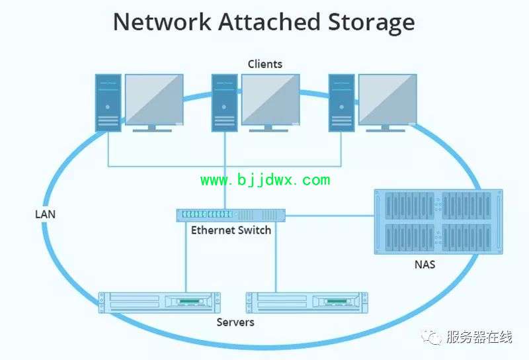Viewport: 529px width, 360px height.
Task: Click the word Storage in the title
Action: (372, 22)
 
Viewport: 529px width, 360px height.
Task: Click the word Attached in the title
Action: (269, 22)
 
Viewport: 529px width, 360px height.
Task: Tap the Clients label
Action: (265, 64)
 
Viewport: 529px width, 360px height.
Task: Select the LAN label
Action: (45, 214)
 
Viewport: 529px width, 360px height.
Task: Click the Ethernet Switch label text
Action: (231, 230)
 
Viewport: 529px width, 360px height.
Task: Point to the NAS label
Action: (425, 265)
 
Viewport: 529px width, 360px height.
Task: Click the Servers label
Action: (235, 322)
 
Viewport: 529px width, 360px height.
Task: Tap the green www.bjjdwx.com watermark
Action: (266, 180)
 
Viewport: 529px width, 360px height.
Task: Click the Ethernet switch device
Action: (231, 216)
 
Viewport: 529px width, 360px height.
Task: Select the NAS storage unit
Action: (438, 222)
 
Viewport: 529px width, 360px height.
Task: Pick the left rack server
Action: (159, 302)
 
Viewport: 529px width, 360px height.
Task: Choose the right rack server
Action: (307, 302)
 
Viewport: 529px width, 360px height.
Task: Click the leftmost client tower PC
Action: (108, 103)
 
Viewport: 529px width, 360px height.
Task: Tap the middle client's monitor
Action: (270, 103)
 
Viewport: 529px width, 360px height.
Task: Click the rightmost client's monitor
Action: (387, 103)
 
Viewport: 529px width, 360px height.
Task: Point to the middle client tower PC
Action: (224, 103)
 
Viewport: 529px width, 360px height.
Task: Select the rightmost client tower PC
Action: (341, 103)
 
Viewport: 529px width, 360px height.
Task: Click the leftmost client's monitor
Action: (154, 103)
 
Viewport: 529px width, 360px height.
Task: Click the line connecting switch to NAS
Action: (330, 216)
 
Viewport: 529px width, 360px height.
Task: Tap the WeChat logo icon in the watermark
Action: (432, 337)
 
